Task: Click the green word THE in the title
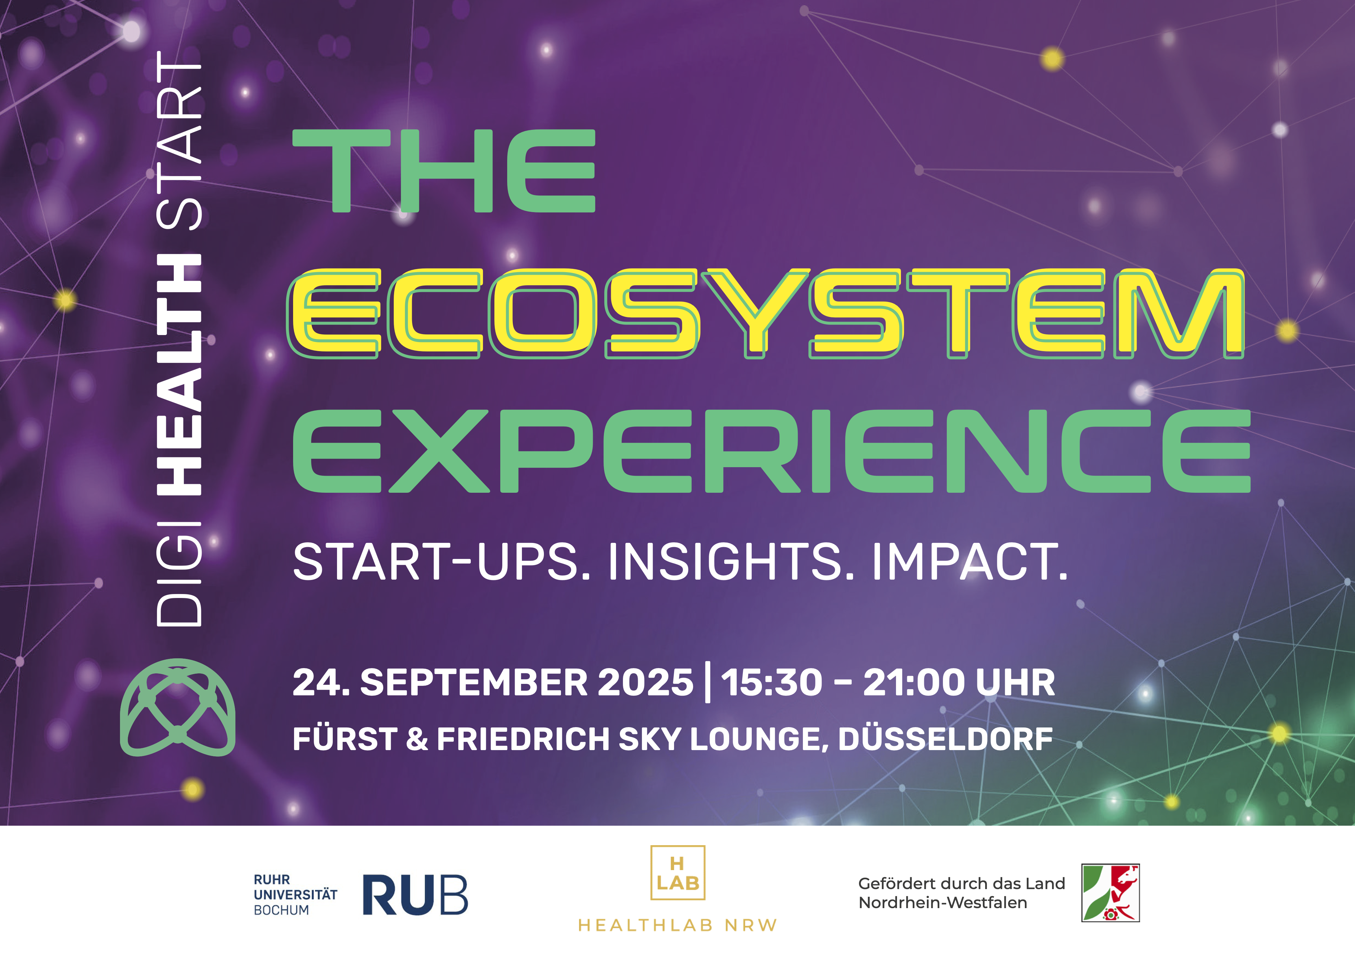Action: (x=444, y=170)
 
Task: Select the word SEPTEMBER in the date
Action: (x=474, y=683)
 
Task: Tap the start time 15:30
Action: (x=771, y=683)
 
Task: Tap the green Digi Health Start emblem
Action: (x=178, y=707)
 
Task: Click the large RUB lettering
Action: (x=415, y=895)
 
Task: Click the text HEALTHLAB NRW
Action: (x=677, y=925)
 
